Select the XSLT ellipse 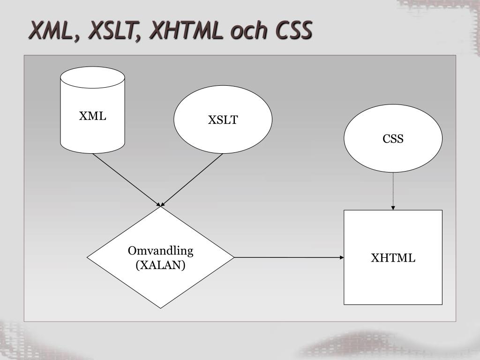(223, 136)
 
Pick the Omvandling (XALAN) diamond (160, 281)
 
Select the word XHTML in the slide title (187, 31)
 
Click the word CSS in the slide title (293, 31)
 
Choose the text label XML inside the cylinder (92, 116)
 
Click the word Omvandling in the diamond (160, 251)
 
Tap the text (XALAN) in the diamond (160, 265)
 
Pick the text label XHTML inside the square (393, 258)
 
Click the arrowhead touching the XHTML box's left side (342, 257)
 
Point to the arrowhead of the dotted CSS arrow (393, 208)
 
